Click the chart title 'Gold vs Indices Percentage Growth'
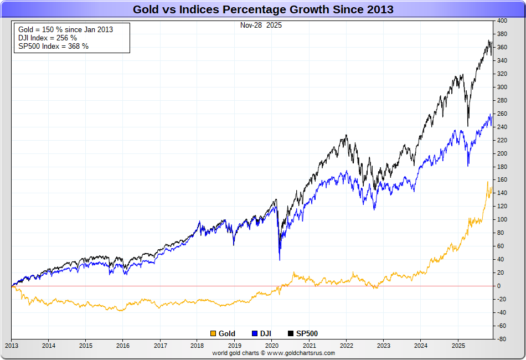point(263,9)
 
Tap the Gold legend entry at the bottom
point(223,333)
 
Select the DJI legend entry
point(261,333)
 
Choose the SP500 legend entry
point(303,333)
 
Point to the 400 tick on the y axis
point(502,21)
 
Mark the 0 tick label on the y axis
point(499,286)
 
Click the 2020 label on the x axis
point(271,345)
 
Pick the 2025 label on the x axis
point(457,345)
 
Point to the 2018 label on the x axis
point(197,345)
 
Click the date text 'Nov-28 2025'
point(261,25)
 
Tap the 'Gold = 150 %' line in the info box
point(65,29)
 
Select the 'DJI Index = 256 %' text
point(48,38)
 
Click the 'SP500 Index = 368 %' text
point(53,46)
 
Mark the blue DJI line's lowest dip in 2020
point(279,260)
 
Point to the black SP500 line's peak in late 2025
point(489,40)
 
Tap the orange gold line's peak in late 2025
point(487,182)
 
